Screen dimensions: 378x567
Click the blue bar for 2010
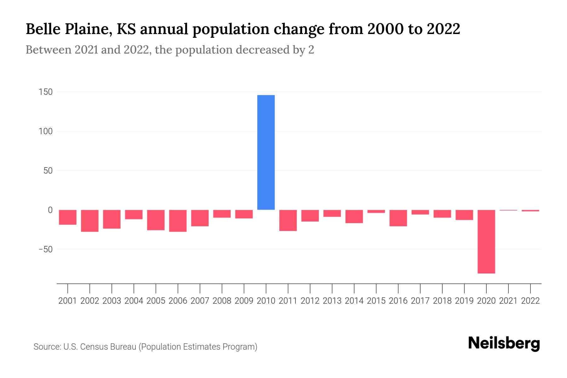point(266,152)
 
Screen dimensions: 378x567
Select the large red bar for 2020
point(486,241)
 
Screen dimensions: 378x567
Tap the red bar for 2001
point(68,217)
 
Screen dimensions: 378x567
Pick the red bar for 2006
point(178,220)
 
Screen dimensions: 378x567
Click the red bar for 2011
point(288,220)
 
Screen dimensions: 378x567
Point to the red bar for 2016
point(398,218)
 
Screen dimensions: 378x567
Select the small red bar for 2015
point(376,211)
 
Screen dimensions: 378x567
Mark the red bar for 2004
point(134,214)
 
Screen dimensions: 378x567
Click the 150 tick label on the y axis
point(46,92)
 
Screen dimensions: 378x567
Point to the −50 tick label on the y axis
point(45,249)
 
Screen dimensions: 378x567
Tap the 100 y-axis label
point(46,131)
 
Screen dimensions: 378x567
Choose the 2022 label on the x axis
point(530,301)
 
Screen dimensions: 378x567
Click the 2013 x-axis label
point(332,301)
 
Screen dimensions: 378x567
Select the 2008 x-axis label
point(222,301)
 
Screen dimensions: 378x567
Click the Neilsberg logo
point(504,343)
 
